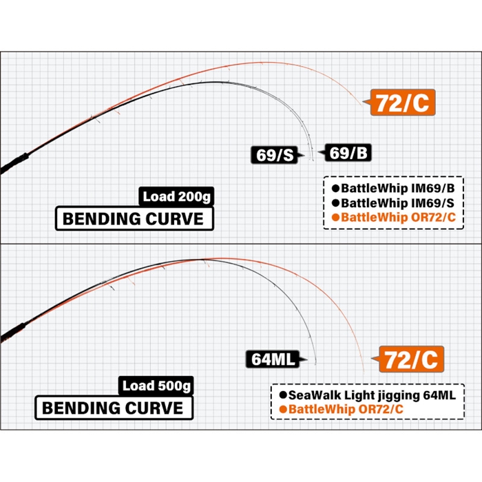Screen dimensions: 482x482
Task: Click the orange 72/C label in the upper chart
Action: (x=403, y=103)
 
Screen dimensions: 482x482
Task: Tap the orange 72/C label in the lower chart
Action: (x=411, y=359)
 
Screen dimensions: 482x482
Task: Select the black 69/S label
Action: (x=275, y=155)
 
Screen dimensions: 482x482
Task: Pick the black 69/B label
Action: (x=348, y=152)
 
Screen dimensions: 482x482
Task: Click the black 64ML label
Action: (x=273, y=359)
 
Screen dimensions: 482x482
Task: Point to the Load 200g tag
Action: (x=176, y=196)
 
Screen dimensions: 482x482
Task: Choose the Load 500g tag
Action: (x=156, y=386)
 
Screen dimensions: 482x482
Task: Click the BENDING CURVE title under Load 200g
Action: (x=134, y=218)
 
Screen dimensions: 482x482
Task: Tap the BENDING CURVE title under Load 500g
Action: (x=114, y=408)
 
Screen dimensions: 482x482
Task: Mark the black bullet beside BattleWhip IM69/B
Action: (x=336, y=188)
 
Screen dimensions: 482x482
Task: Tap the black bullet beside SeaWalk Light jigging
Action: (x=283, y=395)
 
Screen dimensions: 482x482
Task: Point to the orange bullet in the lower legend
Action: (x=283, y=410)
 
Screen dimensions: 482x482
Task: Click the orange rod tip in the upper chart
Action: (x=361, y=105)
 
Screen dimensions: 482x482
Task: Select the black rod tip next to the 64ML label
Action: (x=315, y=364)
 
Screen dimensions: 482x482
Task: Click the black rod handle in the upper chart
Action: (x=14, y=163)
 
